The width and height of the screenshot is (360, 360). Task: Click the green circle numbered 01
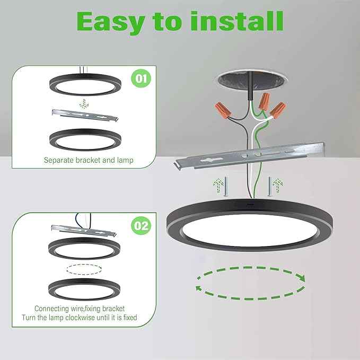click(x=141, y=78)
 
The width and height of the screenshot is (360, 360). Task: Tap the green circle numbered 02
click(x=141, y=225)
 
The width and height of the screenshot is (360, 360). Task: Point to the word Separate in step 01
click(x=59, y=160)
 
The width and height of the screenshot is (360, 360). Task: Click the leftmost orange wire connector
click(x=223, y=110)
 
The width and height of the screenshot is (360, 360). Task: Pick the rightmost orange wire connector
click(x=278, y=110)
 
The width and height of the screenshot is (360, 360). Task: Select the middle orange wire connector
click(x=264, y=101)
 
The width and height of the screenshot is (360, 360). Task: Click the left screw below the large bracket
click(x=226, y=187)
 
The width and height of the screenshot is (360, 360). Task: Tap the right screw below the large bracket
click(x=270, y=187)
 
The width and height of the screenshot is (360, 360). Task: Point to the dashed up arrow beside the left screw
click(x=218, y=186)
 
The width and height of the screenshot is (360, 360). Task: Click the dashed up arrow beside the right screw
click(x=278, y=185)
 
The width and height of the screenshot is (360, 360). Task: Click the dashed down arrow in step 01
click(x=84, y=103)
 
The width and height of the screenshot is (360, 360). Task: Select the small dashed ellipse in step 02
click(x=84, y=269)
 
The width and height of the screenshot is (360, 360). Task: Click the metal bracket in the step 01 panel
click(x=85, y=115)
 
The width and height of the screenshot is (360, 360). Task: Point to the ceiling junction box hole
click(x=251, y=80)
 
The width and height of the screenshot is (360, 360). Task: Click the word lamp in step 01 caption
click(x=125, y=160)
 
